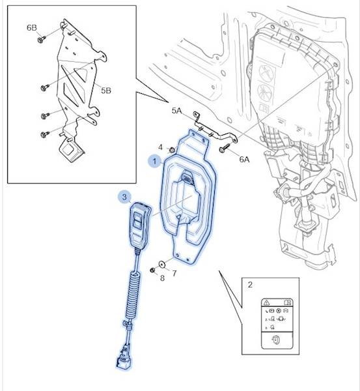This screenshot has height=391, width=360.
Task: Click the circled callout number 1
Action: pos(154,161)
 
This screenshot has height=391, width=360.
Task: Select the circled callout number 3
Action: pos(124,197)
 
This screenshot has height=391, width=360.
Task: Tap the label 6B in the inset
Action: pos(32,27)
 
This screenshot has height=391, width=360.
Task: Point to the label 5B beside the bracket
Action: pos(106,91)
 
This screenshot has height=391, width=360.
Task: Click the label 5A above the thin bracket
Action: pos(176,111)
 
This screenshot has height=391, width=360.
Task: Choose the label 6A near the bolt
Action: pos(244,159)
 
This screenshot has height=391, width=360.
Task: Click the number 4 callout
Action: pos(160,147)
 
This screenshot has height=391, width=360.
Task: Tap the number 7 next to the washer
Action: pos(174,274)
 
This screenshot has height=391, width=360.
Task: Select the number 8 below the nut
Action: pos(162,278)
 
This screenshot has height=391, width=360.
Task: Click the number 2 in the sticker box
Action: pos(250,285)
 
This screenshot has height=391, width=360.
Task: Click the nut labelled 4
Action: pos(172,150)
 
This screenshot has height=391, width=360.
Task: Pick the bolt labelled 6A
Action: pos(225,147)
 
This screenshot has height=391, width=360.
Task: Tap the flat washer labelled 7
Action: pos(162,264)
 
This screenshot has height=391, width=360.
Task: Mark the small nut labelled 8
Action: pos(153,270)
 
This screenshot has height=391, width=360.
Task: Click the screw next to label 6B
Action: pos(42,39)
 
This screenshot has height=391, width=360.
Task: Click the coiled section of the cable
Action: pos(133,295)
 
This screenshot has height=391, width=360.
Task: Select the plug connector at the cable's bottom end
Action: pos(124,358)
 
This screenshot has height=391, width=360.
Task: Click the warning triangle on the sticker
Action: pos(266,302)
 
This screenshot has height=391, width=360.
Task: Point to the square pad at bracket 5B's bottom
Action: pos(71,150)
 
